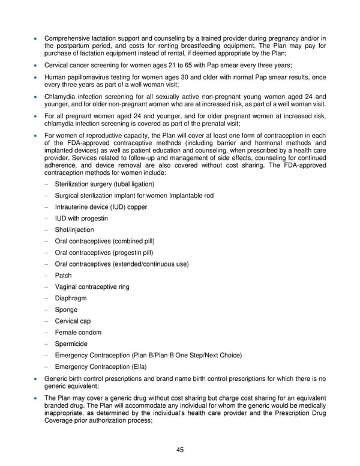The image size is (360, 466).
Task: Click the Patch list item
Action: (63, 275)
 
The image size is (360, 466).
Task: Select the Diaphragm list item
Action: (70, 298)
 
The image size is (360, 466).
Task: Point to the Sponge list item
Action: (66, 309)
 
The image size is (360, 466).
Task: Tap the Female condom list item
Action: (78, 332)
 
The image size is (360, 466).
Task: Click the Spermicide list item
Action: (71, 343)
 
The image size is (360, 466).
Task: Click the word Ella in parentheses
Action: (137, 366)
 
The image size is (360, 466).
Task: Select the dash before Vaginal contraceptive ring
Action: (46, 286)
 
